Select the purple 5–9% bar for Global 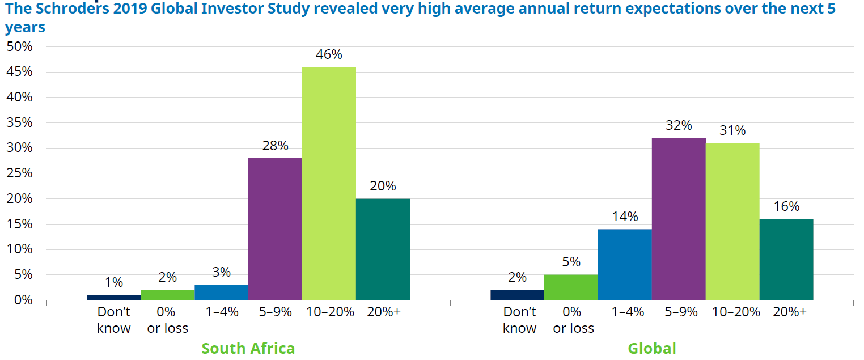(x=679, y=219)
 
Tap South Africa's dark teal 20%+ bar (x=383, y=249)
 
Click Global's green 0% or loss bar (x=571, y=287)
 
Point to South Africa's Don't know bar (x=113, y=297)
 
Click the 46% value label (x=329, y=55)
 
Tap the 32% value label (x=679, y=126)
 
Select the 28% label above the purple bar (x=275, y=146)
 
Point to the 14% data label (x=625, y=217)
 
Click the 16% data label (x=786, y=206)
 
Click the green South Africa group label (x=248, y=348)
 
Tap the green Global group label (x=651, y=348)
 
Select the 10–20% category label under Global (x=732, y=312)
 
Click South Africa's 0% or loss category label (x=167, y=320)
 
